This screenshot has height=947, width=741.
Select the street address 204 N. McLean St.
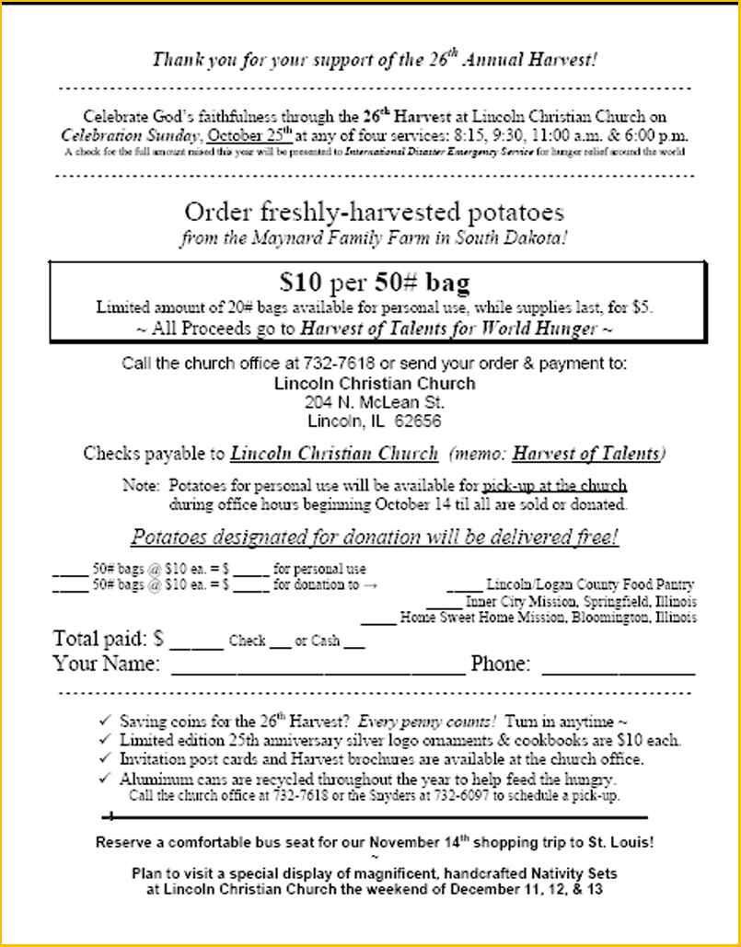coord(375,403)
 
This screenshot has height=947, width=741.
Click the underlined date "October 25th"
coord(250,134)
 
